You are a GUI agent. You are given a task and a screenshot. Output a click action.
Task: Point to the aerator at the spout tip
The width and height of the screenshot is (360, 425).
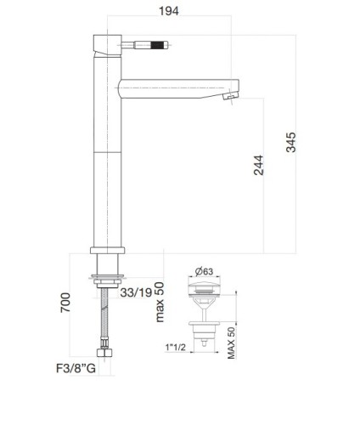point(227,99)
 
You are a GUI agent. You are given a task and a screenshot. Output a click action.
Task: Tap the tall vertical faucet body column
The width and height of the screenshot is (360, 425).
point(106,161)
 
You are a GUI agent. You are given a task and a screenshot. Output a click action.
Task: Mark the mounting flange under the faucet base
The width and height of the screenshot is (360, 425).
point(107,276)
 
